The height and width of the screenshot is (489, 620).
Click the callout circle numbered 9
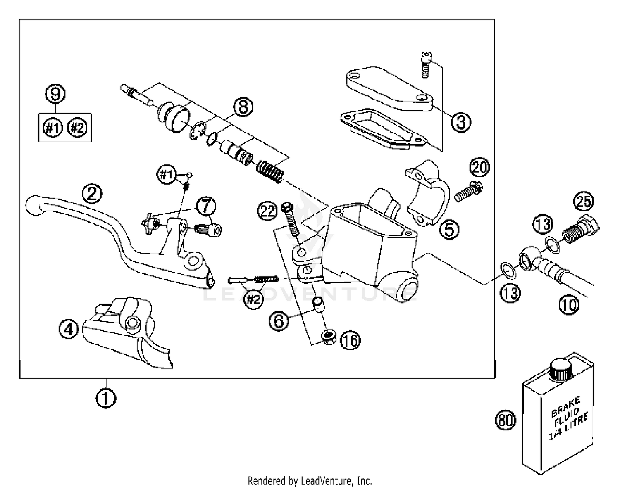(x=55, y=94)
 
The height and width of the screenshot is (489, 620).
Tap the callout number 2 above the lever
(x=92, y=193)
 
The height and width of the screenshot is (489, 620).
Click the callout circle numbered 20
(x=479, y=168)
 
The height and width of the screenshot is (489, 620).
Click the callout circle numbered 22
(x=267, y=211)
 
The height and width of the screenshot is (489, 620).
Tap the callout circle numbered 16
(x=350, y=341)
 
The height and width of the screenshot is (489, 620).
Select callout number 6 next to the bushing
(x=279, y=320)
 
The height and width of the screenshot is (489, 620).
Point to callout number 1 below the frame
(x=106, y=398)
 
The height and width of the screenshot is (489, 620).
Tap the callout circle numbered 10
(x=569, y=305)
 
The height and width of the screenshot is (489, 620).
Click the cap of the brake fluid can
(x=560, y=369)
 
